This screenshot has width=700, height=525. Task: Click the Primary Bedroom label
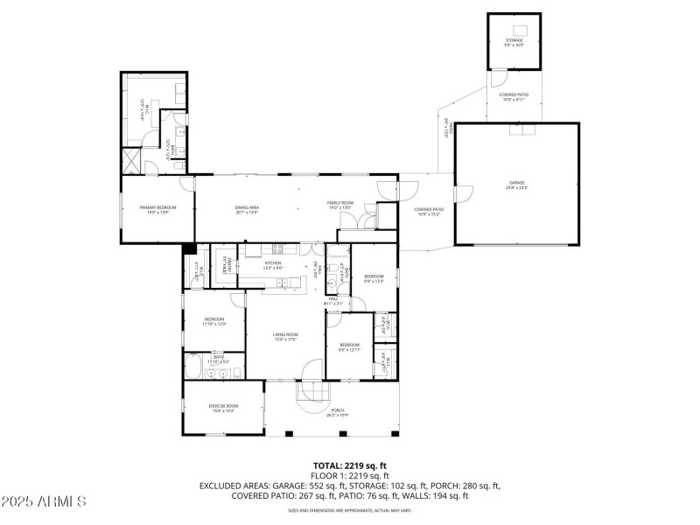tap(157, 208)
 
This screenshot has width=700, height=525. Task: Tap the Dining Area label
tap(248, 208)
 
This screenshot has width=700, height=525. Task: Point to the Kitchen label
tap(273, 264)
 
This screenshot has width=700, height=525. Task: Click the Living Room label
tap(285, 337)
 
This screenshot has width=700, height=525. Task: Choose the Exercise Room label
tap(222, 408)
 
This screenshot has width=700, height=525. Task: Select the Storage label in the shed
tap(514, 41)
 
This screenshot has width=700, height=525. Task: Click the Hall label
tap(333, 300)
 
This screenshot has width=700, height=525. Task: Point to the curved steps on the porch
tap(310, 395)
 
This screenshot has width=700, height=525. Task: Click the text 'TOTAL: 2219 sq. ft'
tap(350, 465)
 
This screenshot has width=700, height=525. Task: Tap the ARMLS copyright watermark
tap(44, 501)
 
